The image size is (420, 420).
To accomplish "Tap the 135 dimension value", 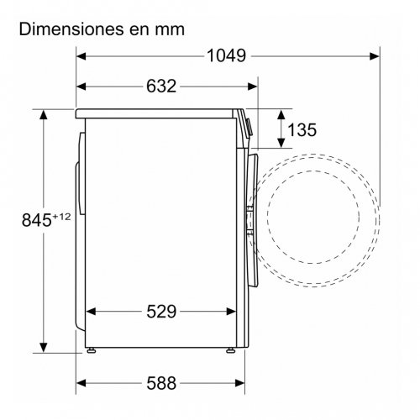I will click(302, 129).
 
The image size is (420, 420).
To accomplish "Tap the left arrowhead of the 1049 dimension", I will click(81, 56).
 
